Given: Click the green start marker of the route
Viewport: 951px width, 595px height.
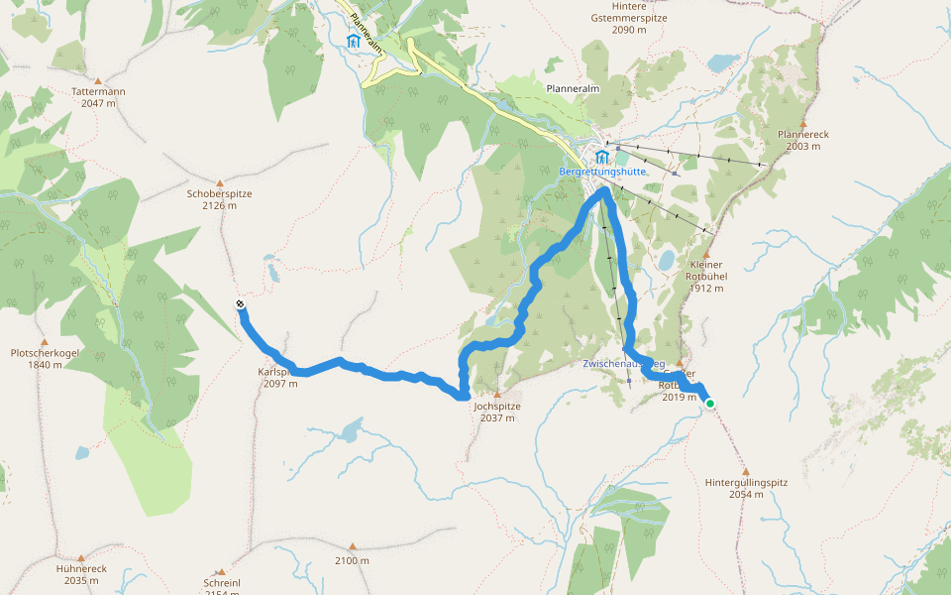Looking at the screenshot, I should coord(709,403).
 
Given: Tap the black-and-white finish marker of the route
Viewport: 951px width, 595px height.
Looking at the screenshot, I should coord(241,304).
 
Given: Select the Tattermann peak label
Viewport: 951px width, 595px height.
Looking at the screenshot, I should coord(98,97).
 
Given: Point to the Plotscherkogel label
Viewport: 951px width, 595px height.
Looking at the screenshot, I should coord(44,358).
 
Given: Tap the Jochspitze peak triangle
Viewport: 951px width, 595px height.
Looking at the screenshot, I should coord(496,394).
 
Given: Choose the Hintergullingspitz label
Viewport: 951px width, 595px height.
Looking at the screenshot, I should coord(745,488).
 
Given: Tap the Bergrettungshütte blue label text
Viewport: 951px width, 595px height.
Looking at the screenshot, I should coord(602,172).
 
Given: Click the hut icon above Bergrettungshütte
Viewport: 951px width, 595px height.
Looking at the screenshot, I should coord(602,157).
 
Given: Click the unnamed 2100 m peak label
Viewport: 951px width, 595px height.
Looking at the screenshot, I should coord(352,560).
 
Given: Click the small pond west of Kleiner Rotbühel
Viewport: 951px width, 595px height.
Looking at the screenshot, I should coord(666,261).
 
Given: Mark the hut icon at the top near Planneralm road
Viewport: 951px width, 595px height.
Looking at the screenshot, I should coord(354,41).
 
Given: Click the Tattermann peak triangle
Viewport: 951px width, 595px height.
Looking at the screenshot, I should coord(98,79).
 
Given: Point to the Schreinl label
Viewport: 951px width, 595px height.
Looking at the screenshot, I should coord(222,583).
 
